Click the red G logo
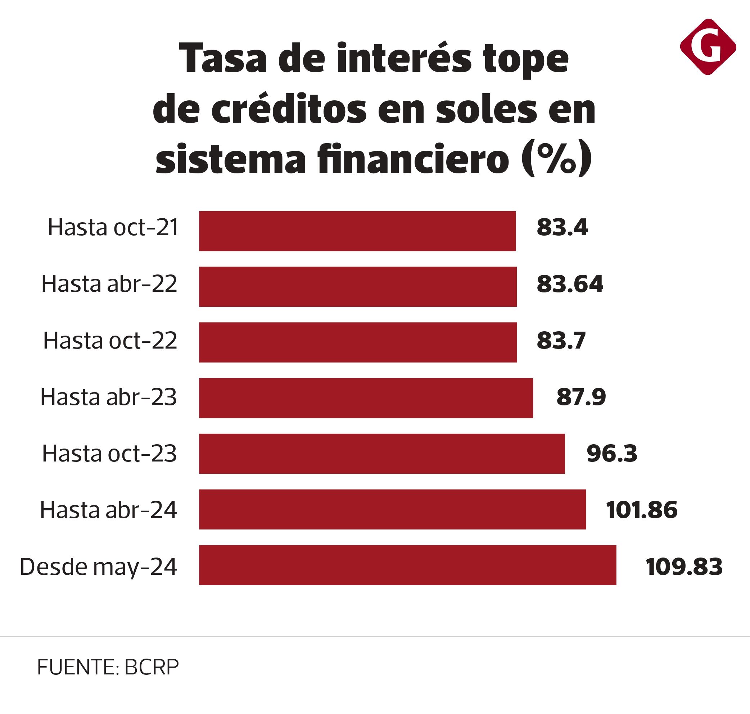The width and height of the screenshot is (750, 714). coord(708,47)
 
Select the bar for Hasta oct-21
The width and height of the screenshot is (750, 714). coord(357,231)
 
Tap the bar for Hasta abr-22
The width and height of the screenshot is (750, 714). coord(357,287)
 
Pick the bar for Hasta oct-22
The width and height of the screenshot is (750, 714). coord(357,342)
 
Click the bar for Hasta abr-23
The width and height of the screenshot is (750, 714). coord(366,398)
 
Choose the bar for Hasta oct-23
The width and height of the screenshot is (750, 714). coord(381,453)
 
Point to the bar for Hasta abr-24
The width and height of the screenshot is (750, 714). coord(392,509)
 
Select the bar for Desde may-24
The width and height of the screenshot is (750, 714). coord(407,565)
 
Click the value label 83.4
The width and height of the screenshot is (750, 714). coord(562,228)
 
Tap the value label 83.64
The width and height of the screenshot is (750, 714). coord(570,284)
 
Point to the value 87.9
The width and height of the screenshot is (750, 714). coord(581,397)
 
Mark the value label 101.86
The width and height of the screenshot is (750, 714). coord(642,510)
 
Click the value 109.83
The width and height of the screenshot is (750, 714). coord(684,566)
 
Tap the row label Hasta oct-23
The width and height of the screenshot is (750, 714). coord(109,454)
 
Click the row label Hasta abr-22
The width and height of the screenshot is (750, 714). coord(109,284)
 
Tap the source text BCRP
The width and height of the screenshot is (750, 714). coord(151,667)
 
